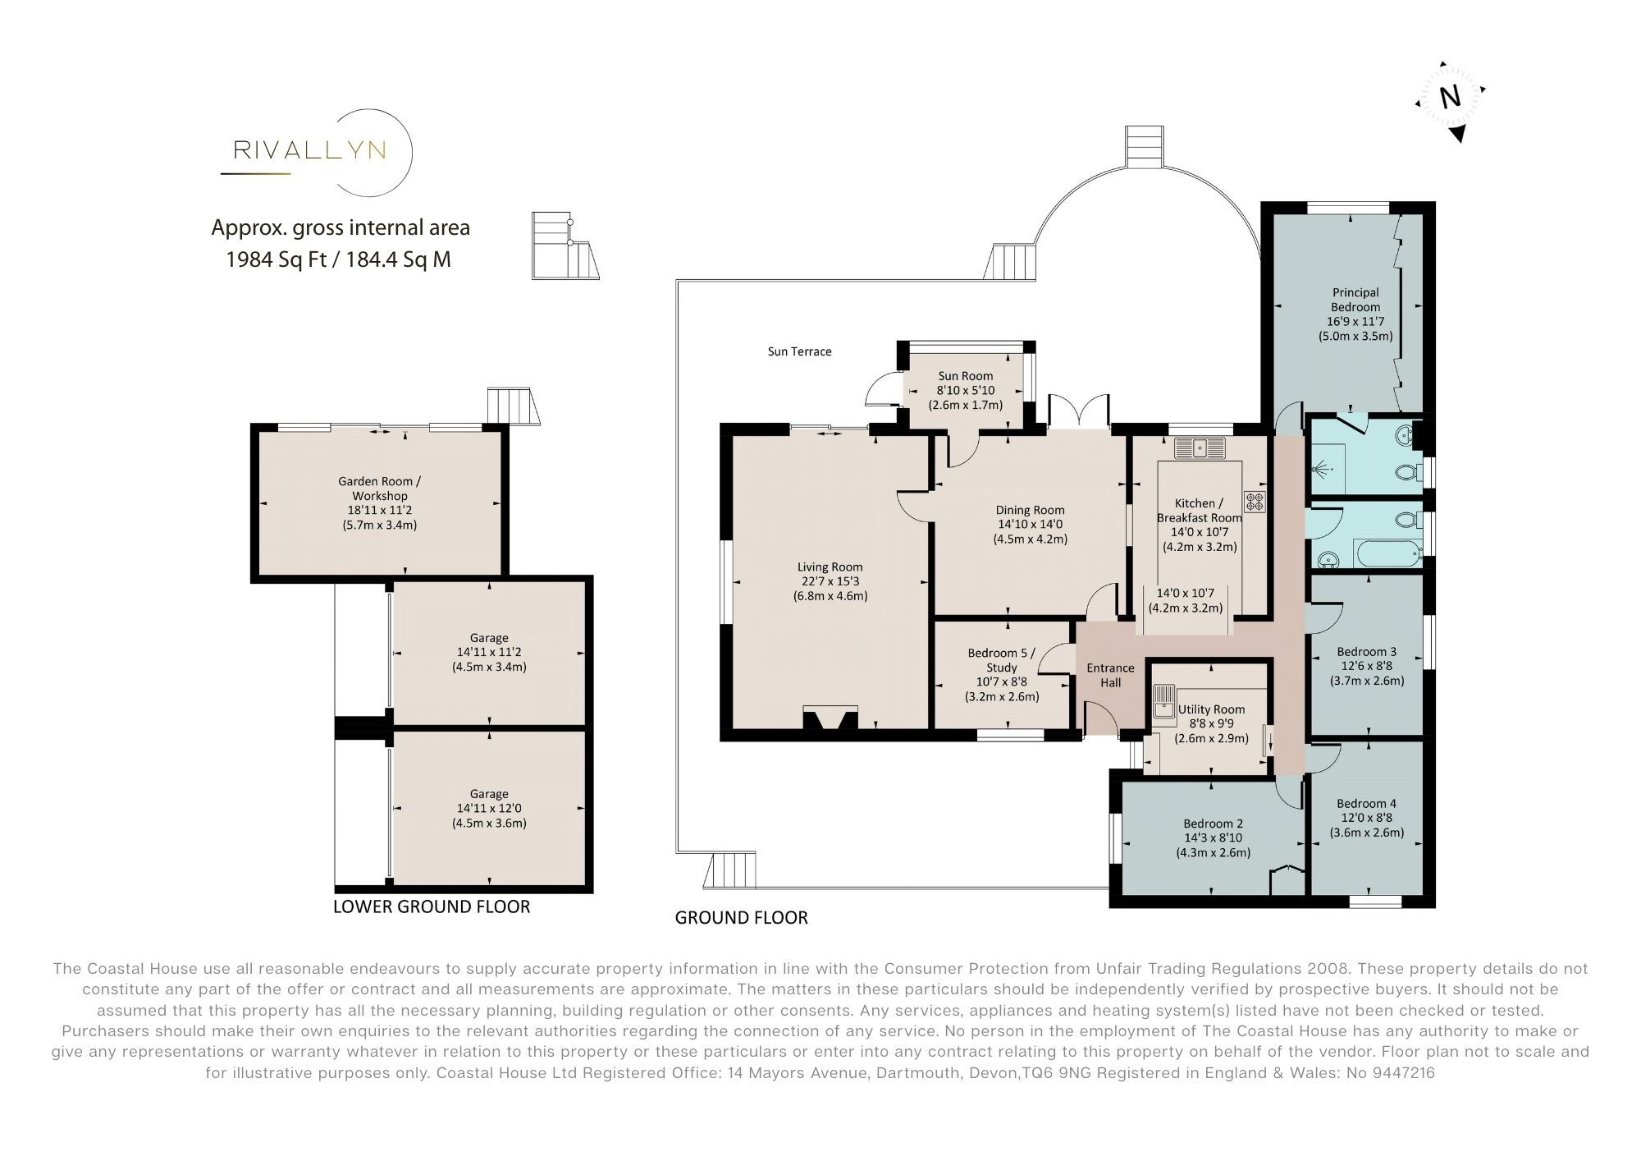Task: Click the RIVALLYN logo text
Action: pyautogui.click(x=310, y=150)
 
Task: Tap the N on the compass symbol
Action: pyautogui.click(x=1451, y=98)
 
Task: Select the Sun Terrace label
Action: pyautogui.click(x=799, y=351)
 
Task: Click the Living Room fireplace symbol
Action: pyautogui.click(x=830, y=718)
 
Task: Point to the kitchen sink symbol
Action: pyautogui.click(x=1200, y=448)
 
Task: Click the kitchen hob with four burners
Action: pyautogui.click(x=1255, y=502)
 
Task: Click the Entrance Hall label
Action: pyautogui.click(x=1110, y=675)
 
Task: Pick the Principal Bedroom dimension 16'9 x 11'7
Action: pyautogui.click(x=1355, y=322)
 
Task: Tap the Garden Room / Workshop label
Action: pyautogui.click(x=379, y=489)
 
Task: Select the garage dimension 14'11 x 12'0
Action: pyautogui.click(x=489, y=809)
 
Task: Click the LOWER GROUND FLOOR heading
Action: pyautogui.click(x=432, y=906)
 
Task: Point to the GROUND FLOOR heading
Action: pyautogui.click(x=741, y=918)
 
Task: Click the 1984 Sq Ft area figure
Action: pyautogui.click(x=277, y=260)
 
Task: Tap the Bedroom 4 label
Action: pyautogui.click(x=1366, y=803)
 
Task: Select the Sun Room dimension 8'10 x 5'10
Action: pyautogui.click(x=966, y=391)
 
